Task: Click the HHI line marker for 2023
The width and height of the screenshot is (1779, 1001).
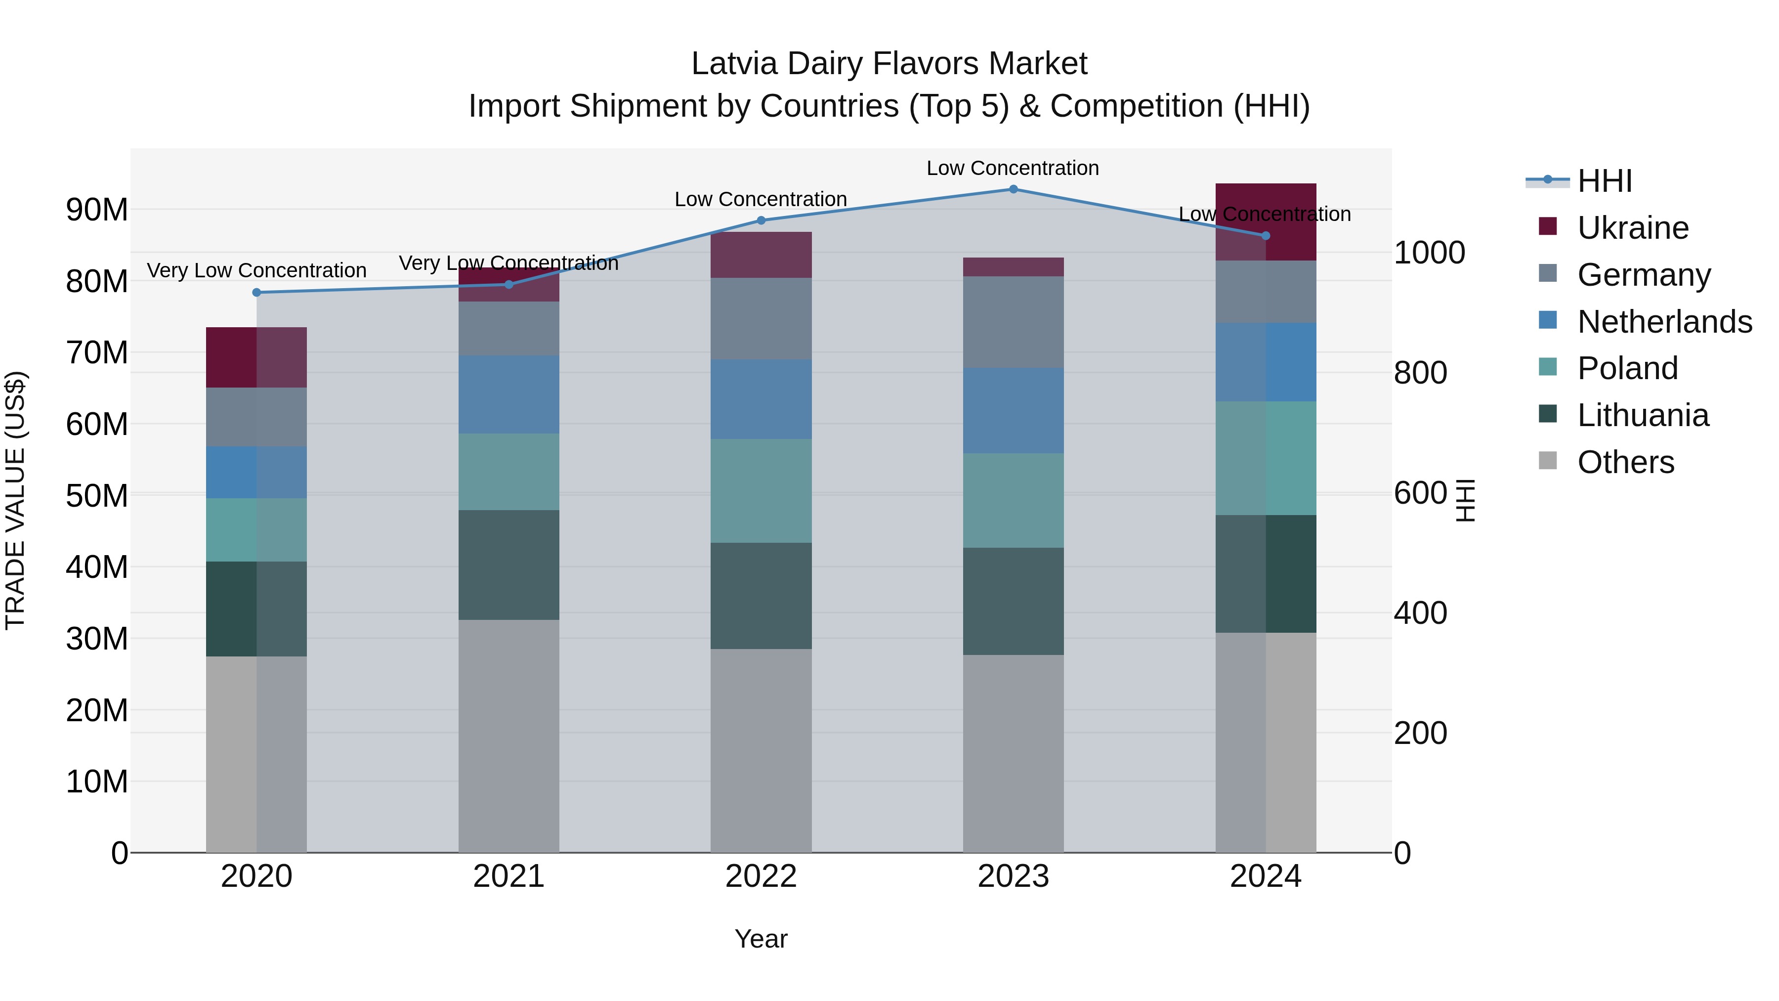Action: [1013, 189]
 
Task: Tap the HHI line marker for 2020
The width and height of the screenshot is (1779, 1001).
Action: [257, 292]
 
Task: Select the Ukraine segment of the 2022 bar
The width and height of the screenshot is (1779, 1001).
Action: [761, 255]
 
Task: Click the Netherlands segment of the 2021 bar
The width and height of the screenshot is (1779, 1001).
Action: [509, 394]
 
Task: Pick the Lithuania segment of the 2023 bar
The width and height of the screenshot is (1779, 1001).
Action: [1013, 601]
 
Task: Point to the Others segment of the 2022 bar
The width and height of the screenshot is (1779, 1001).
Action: [761, 750]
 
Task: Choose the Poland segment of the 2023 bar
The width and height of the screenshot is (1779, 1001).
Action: [1013, 500]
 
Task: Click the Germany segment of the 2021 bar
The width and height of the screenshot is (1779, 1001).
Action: [509, 328]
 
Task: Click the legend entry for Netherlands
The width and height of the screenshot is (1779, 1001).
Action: [1664, 322]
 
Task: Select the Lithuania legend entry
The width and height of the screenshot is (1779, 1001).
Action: [1643, 416]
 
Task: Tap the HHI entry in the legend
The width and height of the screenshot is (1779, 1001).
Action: [1604, 181]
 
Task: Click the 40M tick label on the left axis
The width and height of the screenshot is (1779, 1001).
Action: [97, 567]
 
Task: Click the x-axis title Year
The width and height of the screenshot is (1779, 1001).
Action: [761, 939]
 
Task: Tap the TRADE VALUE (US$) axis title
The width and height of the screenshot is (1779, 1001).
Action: [15, 500]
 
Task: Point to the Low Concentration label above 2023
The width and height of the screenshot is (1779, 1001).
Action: [1013, 168]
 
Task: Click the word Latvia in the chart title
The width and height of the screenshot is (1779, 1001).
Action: [733, 64]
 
